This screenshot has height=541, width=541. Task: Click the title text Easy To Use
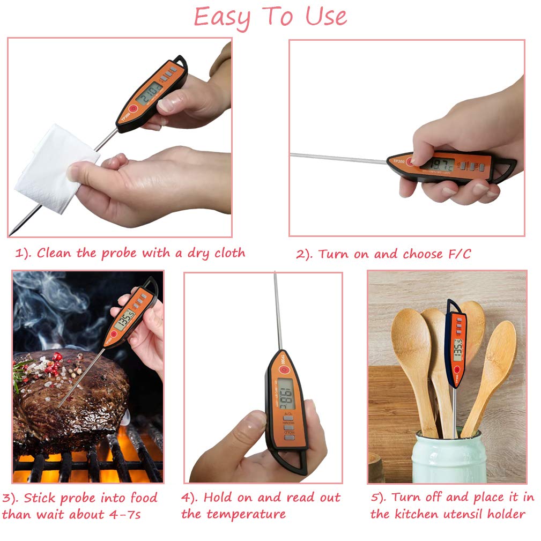tap(270, 17)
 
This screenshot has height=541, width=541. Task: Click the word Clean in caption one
tap(55, 253)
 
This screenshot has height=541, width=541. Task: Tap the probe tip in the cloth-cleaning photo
tap(12, 232)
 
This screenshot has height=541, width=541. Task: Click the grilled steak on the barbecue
tap(70, 397)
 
